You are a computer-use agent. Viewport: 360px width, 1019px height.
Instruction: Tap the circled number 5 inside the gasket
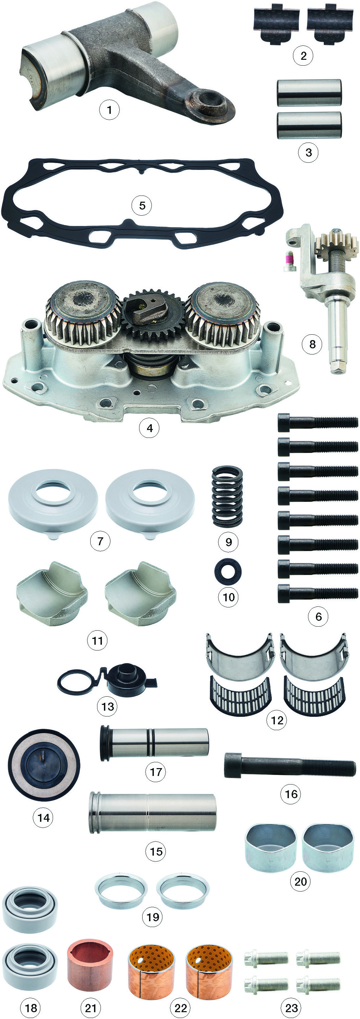click(142, 205)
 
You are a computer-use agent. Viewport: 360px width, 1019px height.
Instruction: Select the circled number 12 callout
click(277, 720)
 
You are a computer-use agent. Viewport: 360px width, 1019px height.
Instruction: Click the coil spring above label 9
click(227, 496)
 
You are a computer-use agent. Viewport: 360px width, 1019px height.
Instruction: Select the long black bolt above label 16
click(290, 765)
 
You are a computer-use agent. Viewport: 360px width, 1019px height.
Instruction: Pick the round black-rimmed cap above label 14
click(44, 765)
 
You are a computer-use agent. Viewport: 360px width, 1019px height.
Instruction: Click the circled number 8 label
click(312, 344)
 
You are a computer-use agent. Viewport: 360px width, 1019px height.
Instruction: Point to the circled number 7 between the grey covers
click(100, 541)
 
